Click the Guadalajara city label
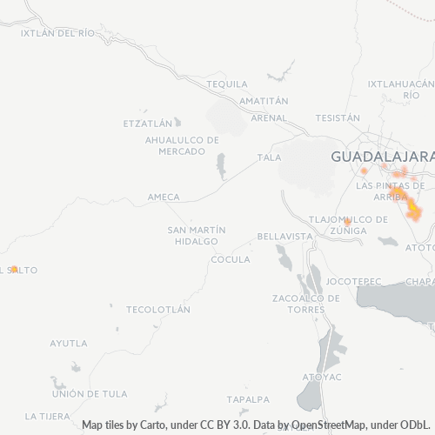point(382,157)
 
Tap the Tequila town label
point(228,84)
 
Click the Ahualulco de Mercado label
point(183,145)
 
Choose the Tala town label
point(269,157)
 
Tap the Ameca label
point(164,197)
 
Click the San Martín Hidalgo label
point(197,235)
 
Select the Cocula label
point(231,259)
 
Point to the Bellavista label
point(284,237)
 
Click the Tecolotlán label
point(157,310)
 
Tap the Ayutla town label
point(69,343)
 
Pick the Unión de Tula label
point(90,394)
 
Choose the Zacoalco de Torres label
point(305,304)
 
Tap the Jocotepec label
point(354,282)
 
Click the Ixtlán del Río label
point(57,33)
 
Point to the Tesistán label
point(338,117)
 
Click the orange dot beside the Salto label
point(14,269)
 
